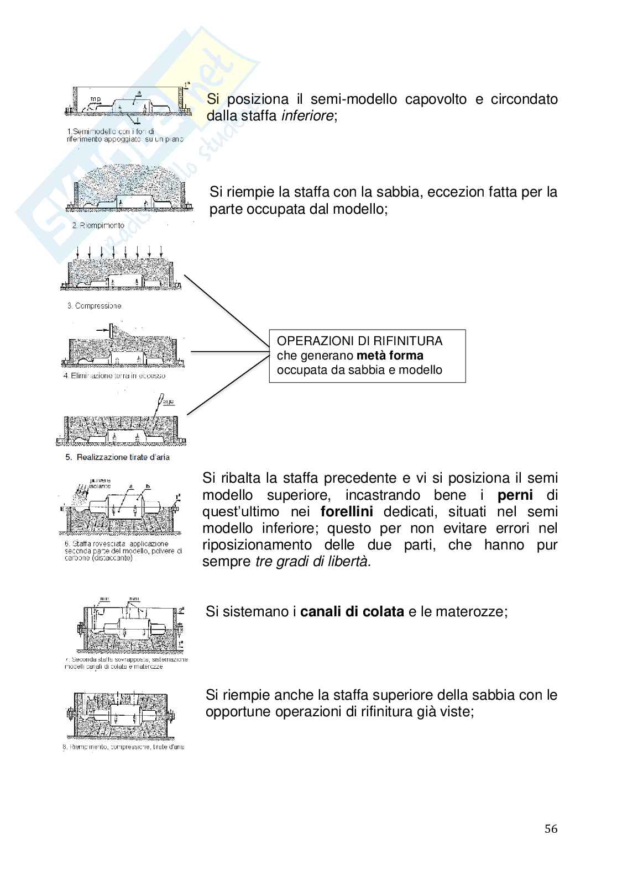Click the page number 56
click(x=551, y=828)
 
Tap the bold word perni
click(x=515, y=494)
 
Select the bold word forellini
click(x=347, y=511)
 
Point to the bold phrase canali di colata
click(x=352, y=612)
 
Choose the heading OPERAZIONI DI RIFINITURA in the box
click(x=359, y=341)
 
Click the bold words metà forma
click(x=390, y=355)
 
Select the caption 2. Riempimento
click(x=98, y=225)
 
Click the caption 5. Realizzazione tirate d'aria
click(x=117, y=457)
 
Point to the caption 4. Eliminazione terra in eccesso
click(x=114, y=376)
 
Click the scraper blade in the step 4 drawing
click(x=111, y=332)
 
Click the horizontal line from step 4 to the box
click(x=229, y=351)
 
